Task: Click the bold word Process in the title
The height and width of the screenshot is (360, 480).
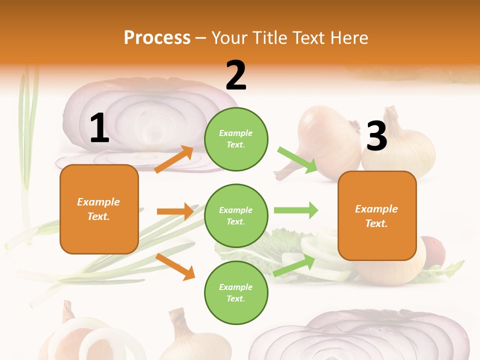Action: pos(157,38)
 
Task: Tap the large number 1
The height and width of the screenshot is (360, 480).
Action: pos(99,128)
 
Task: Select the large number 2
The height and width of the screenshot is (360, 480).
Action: pos(236,75)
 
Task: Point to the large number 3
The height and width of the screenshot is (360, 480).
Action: pos(376,136)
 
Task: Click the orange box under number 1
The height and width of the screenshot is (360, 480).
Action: pos(99,209)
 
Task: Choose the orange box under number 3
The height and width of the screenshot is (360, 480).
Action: pos(377,215)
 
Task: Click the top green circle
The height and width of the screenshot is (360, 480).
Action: pos(236,139)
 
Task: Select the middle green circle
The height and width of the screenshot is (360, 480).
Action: pos(236,215)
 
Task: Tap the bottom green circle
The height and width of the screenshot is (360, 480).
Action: pos(236,292)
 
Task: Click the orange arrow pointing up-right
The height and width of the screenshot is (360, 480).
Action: pos(174,159)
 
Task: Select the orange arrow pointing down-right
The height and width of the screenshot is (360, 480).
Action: pos(175,266)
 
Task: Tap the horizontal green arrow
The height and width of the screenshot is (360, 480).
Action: pos(295,210)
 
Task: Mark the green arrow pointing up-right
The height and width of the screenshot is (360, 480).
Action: pos(294,265)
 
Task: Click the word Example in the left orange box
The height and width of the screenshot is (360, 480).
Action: pos(98,202)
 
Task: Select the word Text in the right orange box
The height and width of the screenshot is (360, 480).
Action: pos(375,223)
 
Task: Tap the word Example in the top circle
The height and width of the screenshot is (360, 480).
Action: pos(236,133)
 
